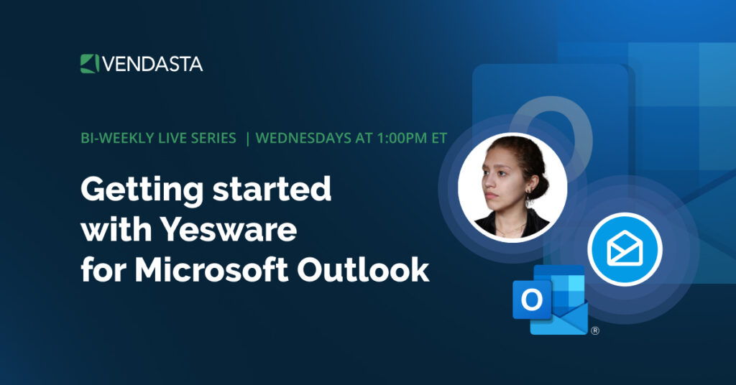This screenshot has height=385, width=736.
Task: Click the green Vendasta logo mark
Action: pos(88,63)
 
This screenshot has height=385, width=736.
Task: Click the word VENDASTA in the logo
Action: pos(152,64)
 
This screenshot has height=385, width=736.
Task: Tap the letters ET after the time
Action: pos(437,138)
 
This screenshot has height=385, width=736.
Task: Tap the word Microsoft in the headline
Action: pos(212,271)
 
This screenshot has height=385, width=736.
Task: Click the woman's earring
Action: pos(530,200)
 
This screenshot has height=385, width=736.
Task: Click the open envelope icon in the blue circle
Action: pos(624,250)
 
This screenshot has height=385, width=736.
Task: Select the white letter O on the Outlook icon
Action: pos(532,300)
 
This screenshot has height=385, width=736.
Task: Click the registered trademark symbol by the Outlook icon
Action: pos(594,331)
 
